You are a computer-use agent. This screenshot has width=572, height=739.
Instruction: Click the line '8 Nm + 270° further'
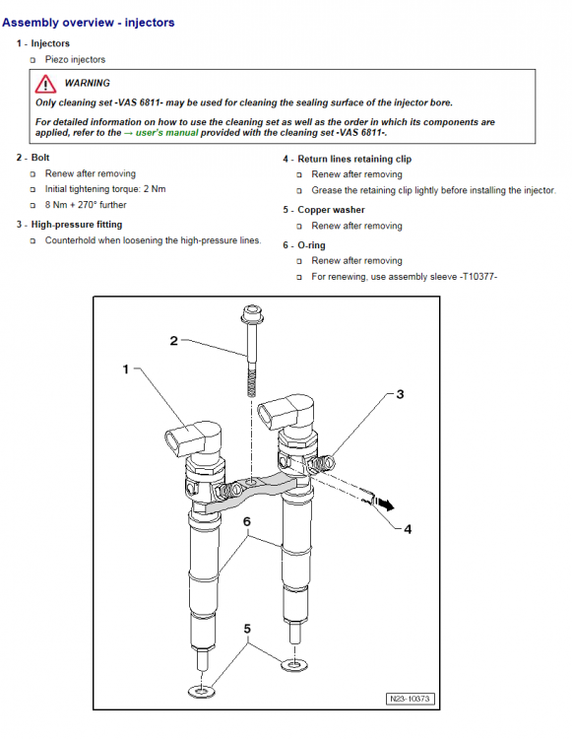[x=86, y=205]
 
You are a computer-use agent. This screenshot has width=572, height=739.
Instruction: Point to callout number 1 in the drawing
[x=126, y=369]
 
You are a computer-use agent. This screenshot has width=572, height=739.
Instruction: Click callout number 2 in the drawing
[x=173, y=341]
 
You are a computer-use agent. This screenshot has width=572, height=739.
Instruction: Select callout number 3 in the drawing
[x=400, y=394]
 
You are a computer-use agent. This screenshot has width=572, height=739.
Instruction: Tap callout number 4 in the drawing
[x=408, y=528]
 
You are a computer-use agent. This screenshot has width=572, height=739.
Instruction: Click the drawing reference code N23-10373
[x=412, y=699]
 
